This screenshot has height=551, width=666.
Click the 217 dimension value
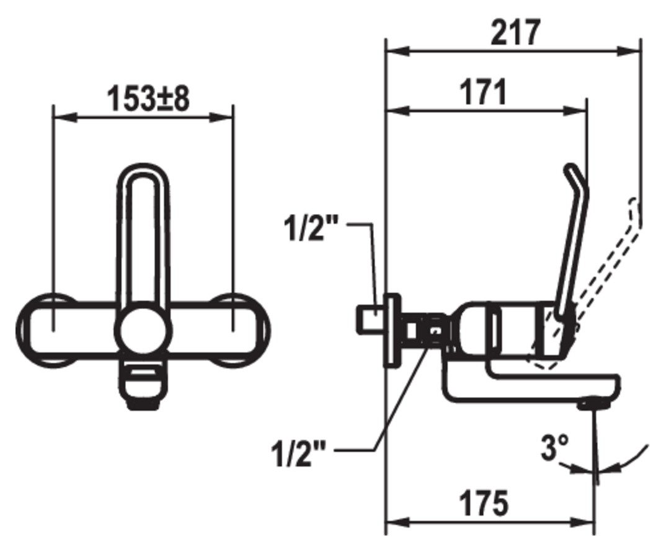pos(515,33)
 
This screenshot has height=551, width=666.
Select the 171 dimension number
pos(484,92)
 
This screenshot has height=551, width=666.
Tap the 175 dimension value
pos(484,503)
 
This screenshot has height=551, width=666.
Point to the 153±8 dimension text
pos(148,99)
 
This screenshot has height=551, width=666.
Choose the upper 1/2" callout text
pos(311,228)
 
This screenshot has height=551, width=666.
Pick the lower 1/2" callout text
pos(298,454)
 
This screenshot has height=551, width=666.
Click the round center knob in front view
pos(144,330)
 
